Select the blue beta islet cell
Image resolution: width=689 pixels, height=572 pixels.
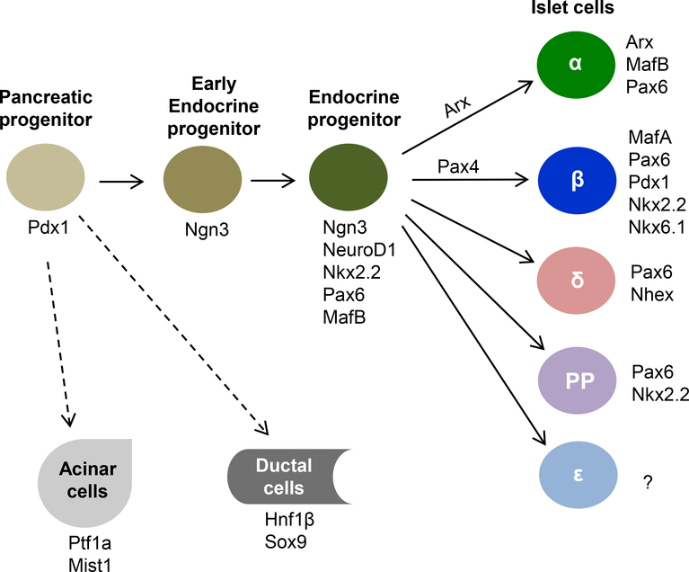point(577,177)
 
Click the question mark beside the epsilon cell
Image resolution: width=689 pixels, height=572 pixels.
point(647,484)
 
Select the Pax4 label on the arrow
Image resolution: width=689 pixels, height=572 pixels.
point(458,166)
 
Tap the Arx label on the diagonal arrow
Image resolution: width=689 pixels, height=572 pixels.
point(458,104)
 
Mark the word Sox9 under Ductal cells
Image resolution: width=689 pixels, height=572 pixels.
point(280,542)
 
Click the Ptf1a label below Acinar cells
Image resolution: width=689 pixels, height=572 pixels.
point(84,543)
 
